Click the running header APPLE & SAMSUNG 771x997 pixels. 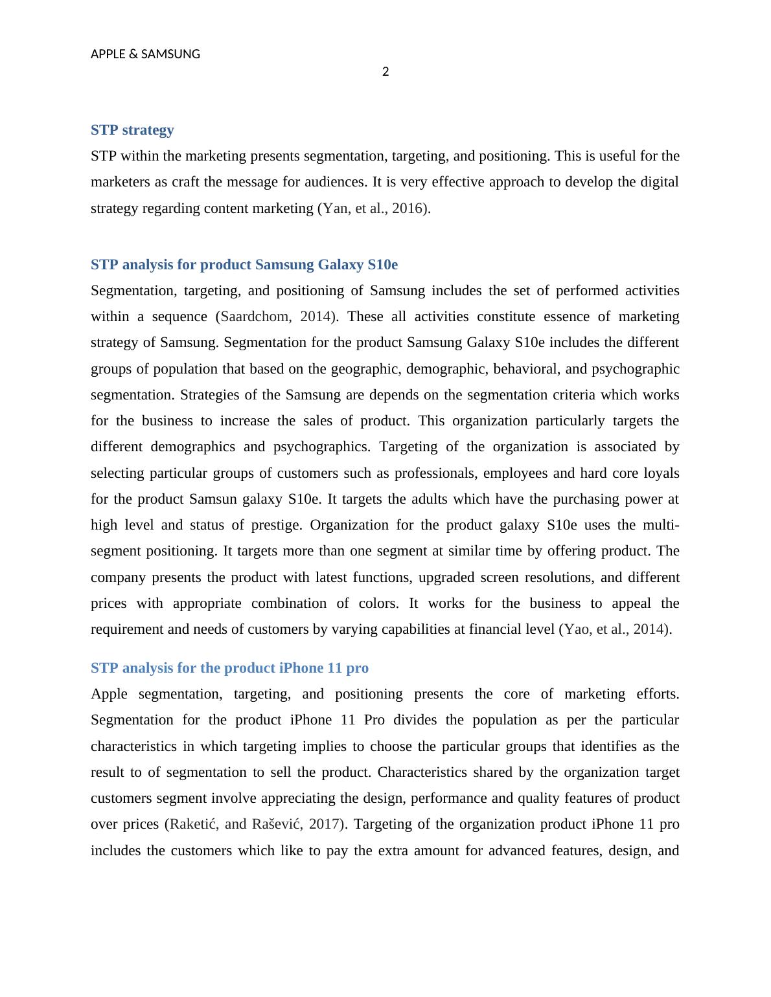click(x=145, y=54)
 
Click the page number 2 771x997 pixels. click(x=385, y=72)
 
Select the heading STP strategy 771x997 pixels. click(x=132, y=130)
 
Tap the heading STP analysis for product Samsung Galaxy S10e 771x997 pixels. click(x=244, y=265)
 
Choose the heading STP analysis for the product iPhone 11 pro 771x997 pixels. click(x=229, y=667)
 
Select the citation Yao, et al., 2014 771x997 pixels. click(x=615, y=629)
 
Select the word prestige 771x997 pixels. click(x=275, y=525)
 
